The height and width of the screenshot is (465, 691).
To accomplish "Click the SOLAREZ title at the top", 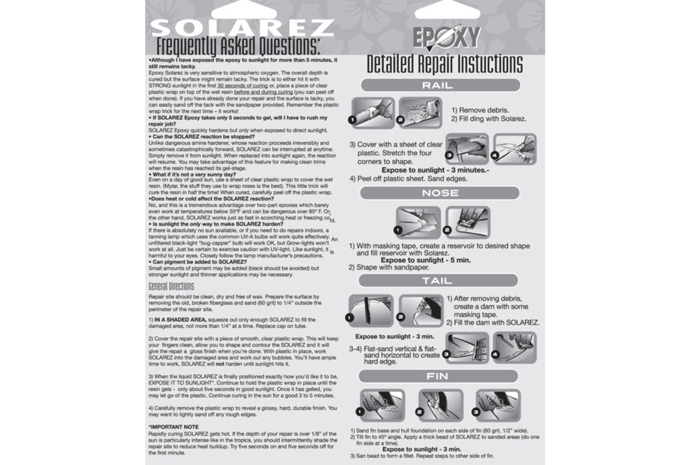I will click(x=242, y=27).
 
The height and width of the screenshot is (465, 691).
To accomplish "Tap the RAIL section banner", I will click(x=440, y=85).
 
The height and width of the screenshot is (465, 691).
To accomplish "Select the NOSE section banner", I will click(x=440, y=193).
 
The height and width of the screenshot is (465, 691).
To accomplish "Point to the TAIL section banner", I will click(x=438, y=281).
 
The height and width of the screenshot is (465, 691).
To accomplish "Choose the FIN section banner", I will click(x=438, y=376).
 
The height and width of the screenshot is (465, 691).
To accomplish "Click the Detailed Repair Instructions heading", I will click(x=445, y=64).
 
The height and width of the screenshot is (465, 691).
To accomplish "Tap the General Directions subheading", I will click(x=171, y=287).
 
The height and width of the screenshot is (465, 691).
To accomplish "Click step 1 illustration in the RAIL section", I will click(x=373, y=113).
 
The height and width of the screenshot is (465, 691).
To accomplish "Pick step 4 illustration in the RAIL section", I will click(x=514, y=149).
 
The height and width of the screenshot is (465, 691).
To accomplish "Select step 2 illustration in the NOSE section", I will click(x=468, y=222).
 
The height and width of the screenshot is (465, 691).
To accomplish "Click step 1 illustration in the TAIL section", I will click(x=371, y=311).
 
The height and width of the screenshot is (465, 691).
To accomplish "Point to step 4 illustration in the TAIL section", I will click(x=514, y=347).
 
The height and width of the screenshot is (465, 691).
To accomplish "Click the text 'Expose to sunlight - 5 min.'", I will click(x=425, y=260).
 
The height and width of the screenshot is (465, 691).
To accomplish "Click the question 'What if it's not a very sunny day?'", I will click(x=193, y=174).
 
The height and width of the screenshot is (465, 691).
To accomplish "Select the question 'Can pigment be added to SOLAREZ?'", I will click(x=198, y=262).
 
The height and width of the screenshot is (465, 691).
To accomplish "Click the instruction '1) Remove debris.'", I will click(x=480, y=110).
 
